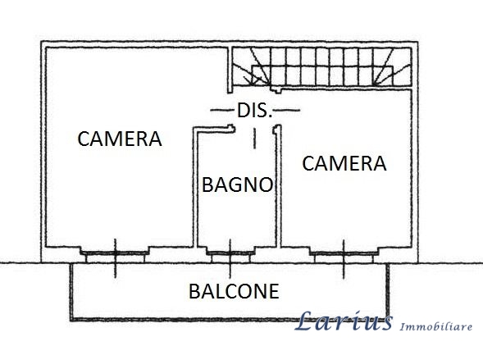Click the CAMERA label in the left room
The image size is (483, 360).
pos(120,139)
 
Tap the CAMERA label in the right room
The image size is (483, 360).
pos(344,163)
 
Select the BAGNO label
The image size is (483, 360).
pos(238,185)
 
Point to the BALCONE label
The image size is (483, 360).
pos(234,291)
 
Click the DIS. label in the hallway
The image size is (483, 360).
pos(255,110)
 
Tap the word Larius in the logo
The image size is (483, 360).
pos(343,321)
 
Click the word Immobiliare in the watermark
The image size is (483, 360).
pos(435,326)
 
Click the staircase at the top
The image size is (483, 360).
pos(322,66)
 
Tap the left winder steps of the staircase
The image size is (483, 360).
pos(251,66)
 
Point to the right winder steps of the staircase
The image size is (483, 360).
pos(392,66)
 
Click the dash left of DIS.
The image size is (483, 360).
pos(221,110)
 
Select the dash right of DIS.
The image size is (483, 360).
pos(288,110)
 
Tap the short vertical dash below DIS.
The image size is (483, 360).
pos(254,139)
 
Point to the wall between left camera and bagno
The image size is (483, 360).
pos(195,187)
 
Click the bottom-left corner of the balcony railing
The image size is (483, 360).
pos(71,320)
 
